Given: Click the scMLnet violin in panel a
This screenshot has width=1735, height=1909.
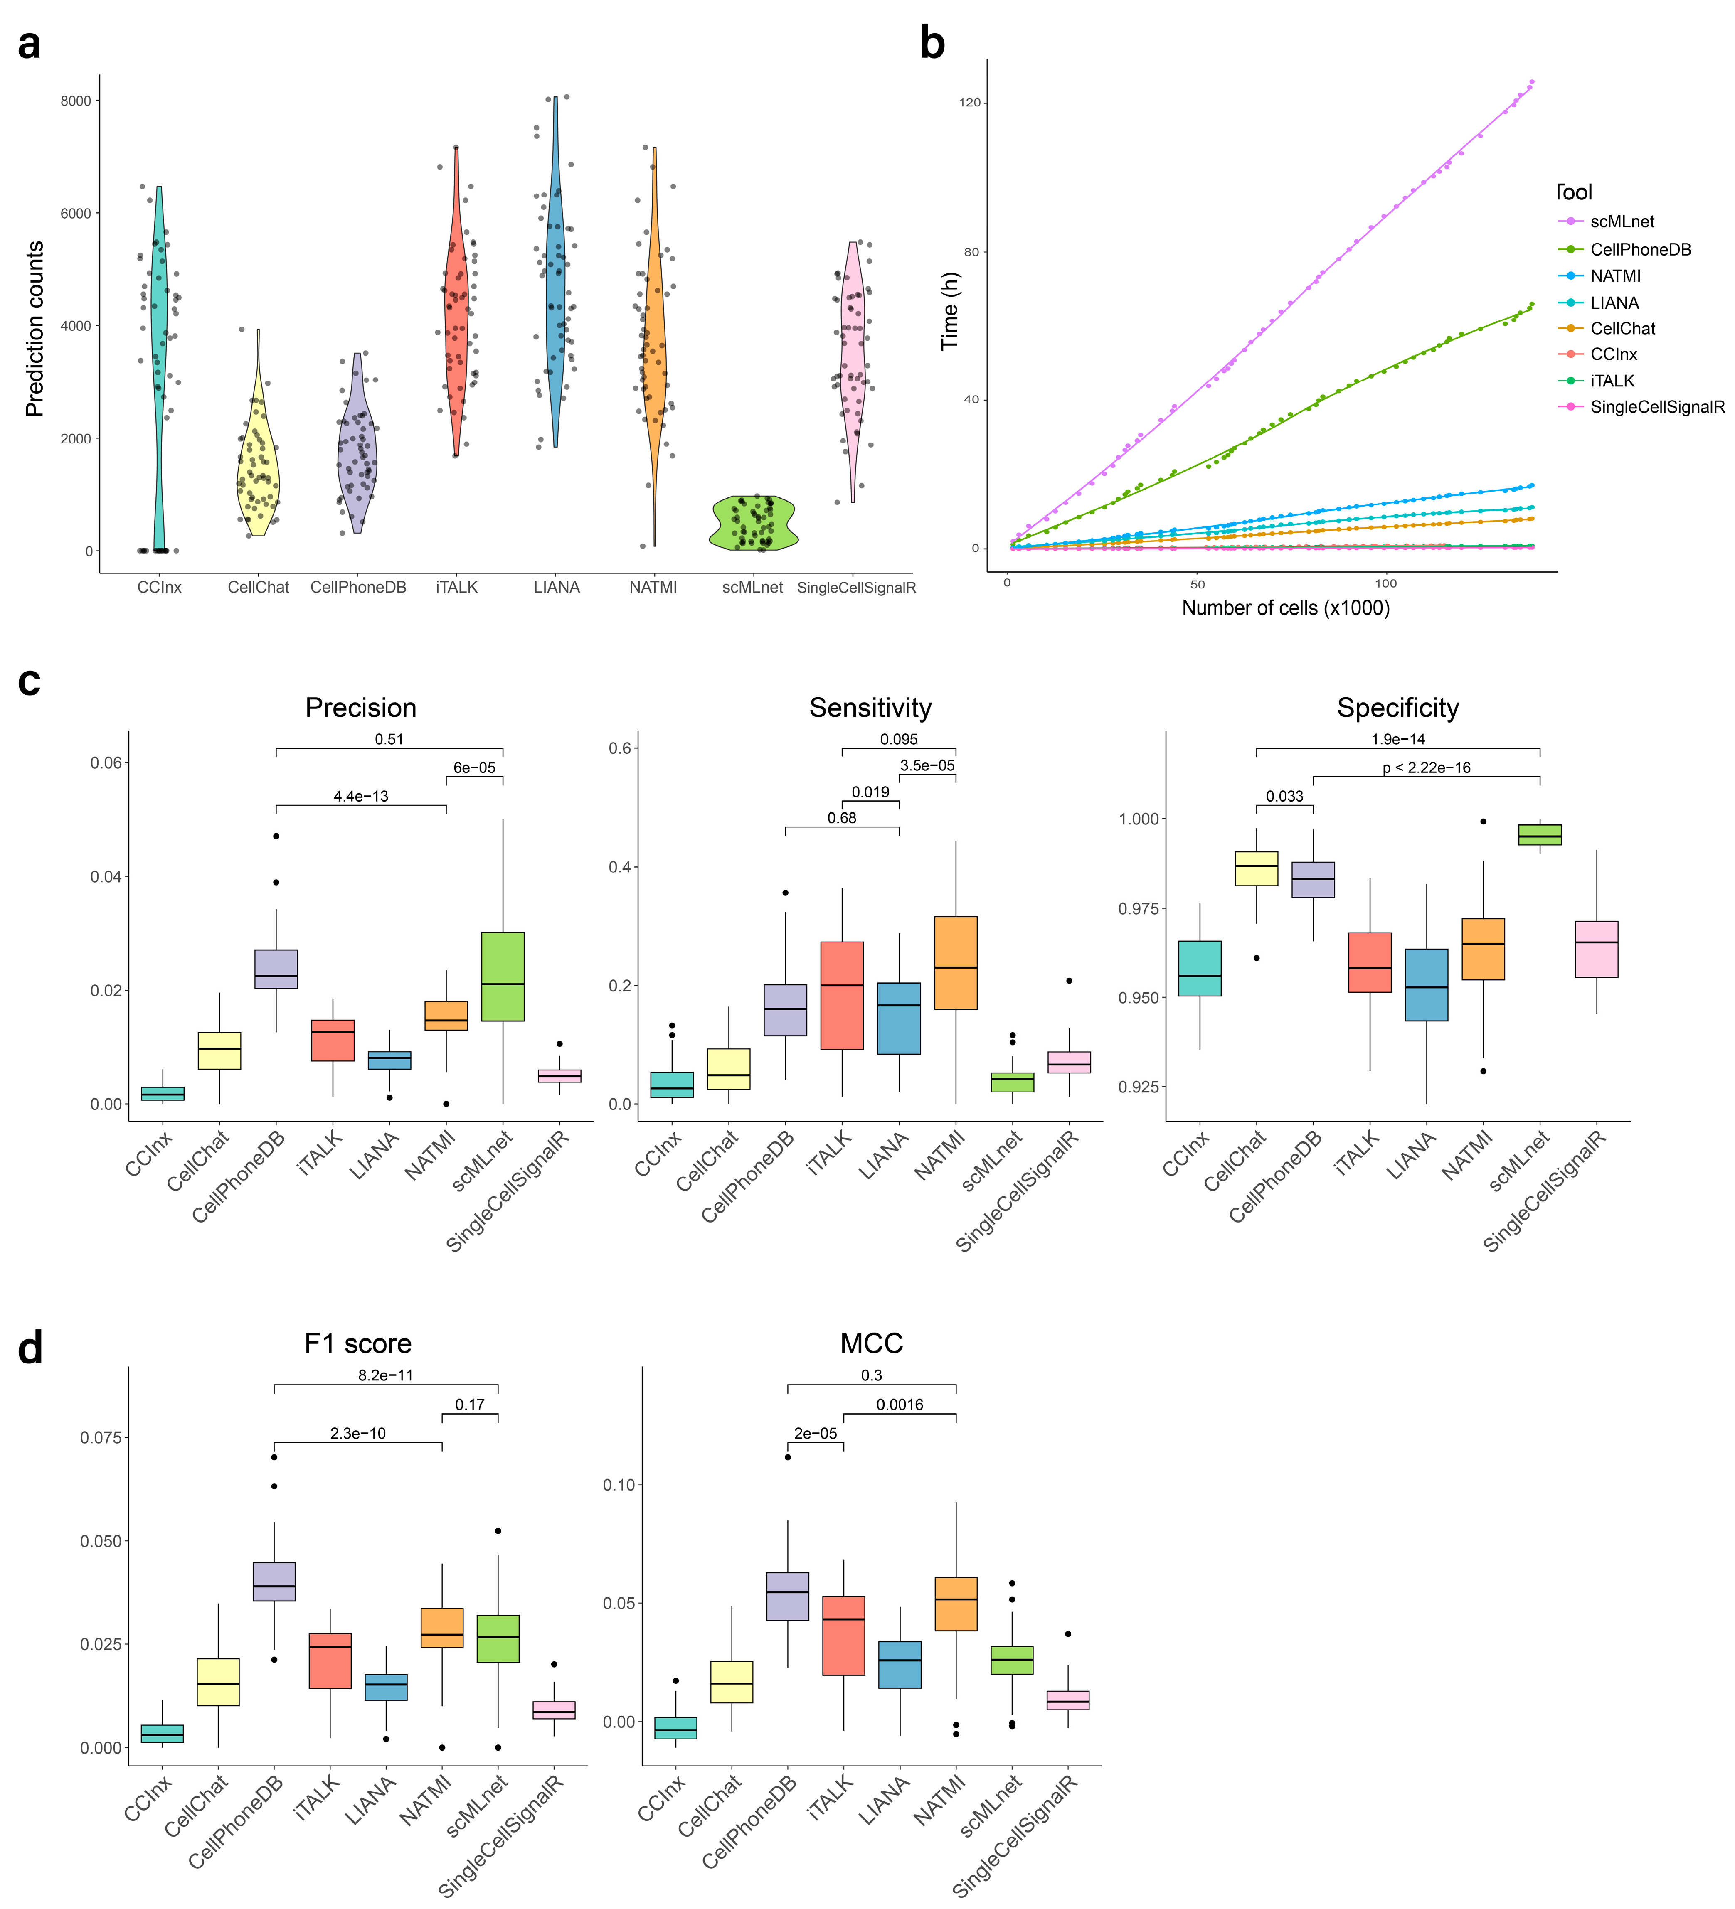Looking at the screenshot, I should [x=753, y=523].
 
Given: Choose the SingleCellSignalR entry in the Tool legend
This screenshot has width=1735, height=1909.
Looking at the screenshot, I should [x=1657, y=407].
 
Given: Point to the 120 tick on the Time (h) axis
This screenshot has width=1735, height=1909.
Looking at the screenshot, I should [x=970, y=102].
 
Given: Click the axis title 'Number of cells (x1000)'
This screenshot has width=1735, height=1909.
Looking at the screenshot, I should [x=1285, y=608].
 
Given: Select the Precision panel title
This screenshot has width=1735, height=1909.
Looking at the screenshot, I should [x=361, y=708].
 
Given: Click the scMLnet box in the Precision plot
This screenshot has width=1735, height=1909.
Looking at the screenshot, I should [x=503, y=976].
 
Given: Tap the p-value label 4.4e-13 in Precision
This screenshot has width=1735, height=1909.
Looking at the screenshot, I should [x=361, y=796].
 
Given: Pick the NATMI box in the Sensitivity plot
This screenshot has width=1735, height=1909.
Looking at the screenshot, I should [x=956, y=963].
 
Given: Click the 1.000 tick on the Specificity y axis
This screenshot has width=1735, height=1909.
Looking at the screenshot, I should [x=1136, y=819].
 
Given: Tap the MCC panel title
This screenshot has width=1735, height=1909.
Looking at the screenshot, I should [x=871, y=1344].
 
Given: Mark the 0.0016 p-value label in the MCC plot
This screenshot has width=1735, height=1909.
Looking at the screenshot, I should [x=900, y=1404].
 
